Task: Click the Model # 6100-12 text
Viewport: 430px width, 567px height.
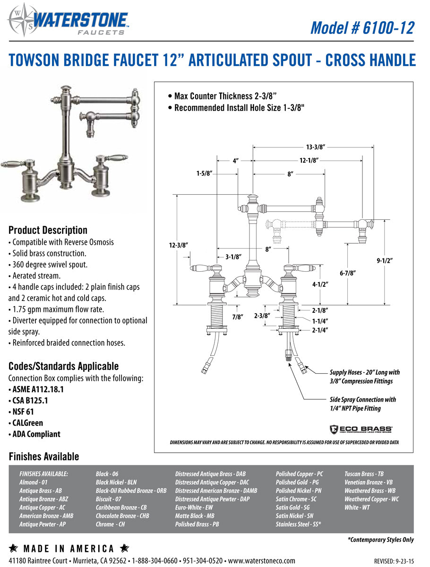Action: tap(362, 27)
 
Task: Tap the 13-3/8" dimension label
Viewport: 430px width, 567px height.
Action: tap(316, 147)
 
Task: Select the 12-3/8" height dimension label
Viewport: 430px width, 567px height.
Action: tap(179, 245)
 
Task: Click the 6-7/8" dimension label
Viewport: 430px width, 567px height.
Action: tap(347, 273)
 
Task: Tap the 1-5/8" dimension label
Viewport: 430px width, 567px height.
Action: tap(204, 173)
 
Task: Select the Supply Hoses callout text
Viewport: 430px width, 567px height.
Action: tap(364, 377)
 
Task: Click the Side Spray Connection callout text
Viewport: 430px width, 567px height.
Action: tap(362, 404)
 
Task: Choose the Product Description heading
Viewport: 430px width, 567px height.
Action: tap(48, 230)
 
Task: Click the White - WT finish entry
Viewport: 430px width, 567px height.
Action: tap(357, 507)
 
